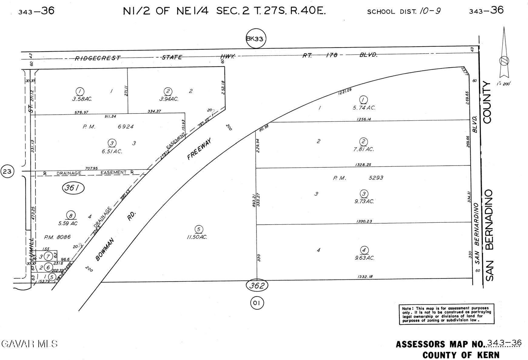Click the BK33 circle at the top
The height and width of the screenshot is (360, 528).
pos(256,39)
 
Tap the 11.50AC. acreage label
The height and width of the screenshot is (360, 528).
pos(197,237)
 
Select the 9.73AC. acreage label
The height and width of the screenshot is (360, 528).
pos(364,201)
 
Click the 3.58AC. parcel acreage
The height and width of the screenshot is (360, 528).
pos(80,99)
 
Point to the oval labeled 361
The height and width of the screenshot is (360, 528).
pos(73,188)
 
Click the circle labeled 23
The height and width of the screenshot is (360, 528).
pos(7,172)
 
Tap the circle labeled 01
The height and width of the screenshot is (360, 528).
pos(257,303)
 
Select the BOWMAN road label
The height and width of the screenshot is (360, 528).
pos(105,249)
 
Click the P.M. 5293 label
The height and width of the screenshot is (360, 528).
pos(358,178)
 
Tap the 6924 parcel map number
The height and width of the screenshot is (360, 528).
pos(126,127)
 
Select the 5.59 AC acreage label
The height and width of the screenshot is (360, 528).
pos(68,223)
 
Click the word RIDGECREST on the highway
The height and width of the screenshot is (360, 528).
pos(98,58)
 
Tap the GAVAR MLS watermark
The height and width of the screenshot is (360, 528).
pos(29,344)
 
